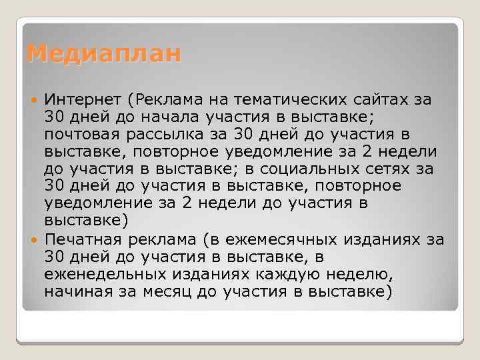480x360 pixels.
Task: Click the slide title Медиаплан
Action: click(104, 53)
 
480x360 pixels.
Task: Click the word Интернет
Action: click(82, 99)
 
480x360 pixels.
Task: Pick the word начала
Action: click(167, 117)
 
